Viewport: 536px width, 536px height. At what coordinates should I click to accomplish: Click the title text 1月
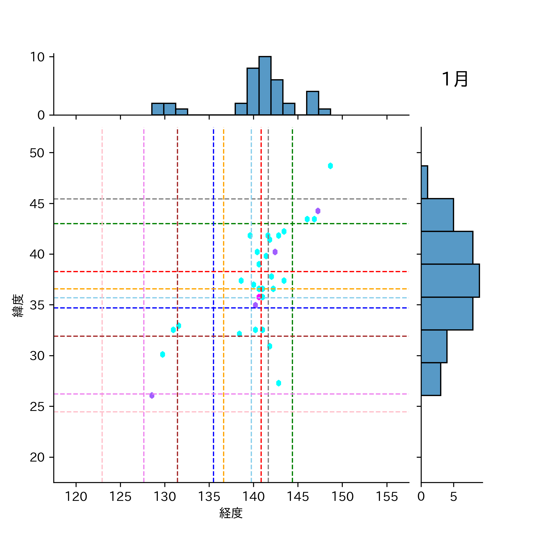[455, 79]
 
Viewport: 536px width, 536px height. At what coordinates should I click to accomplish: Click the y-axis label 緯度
[18, 306]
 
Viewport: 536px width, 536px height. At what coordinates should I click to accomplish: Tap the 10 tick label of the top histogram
[37, 57]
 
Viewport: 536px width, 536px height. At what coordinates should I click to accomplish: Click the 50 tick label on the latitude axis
[37, 153]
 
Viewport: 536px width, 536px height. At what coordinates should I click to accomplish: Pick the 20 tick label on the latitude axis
[37, 457]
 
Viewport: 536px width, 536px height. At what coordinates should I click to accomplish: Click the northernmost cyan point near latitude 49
[330, 166]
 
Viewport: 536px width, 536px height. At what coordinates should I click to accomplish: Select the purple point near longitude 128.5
[152, 395]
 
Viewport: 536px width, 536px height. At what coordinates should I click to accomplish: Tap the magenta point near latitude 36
[259, 297]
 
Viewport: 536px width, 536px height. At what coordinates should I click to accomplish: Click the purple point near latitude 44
[318, 211]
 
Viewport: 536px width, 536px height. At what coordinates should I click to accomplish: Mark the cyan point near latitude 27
[278, 383]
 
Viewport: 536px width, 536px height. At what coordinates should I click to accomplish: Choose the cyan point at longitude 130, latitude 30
[162, 354]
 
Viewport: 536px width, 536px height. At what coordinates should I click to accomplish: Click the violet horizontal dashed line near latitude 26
[208, 394]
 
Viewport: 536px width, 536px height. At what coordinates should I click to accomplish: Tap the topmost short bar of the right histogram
[424, 182]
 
